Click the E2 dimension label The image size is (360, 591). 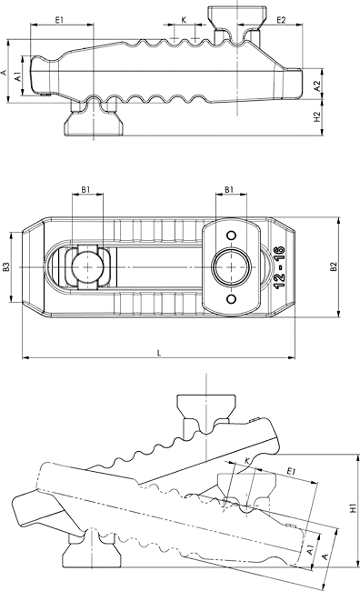282,20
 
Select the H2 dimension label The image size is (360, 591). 317,117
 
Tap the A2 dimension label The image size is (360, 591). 317,86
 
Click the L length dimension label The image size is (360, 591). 159,353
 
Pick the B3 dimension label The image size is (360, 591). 6,266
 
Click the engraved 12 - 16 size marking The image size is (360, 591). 280,267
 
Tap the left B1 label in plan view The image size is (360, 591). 86,190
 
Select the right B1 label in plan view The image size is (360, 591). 229,190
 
